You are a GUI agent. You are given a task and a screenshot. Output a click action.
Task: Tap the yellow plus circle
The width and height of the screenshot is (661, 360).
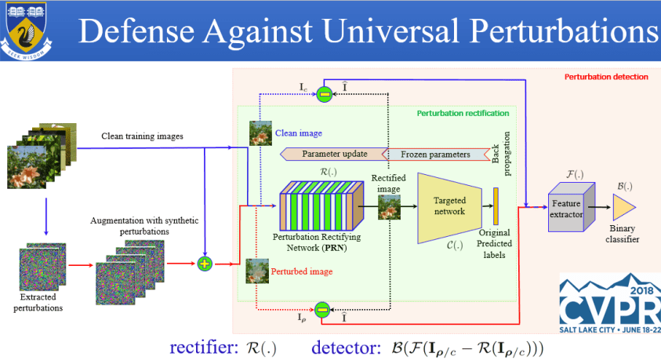pyautogui.click(x=205, y=264)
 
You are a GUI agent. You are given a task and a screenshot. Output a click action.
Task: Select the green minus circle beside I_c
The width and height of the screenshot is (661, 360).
pyautogui.click(x=324, y=95)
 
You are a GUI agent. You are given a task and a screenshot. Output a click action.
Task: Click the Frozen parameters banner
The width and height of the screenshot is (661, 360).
pyautogui.click(x=435, y=154)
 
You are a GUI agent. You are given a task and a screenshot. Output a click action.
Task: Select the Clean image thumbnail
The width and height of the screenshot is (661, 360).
pyautogui.click(x=261, y=133)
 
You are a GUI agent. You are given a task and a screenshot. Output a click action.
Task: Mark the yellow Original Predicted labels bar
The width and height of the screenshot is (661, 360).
pyautogui.click(x=496, y=205)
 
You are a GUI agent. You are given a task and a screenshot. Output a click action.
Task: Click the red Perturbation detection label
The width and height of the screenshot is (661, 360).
pyautogui.click(x=606, y=77)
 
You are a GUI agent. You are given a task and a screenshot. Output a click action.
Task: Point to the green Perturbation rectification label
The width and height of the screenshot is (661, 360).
pyautogui.click(x=463, y=113)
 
